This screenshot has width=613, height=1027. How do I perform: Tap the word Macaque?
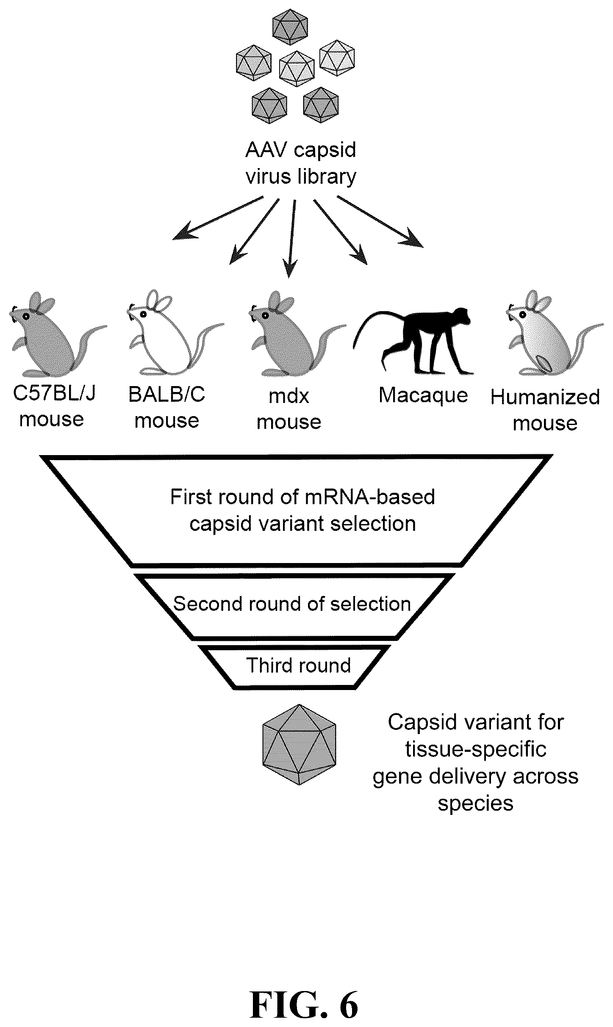(x=423, y=395)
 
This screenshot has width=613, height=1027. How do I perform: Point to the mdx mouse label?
(x=289, y=409)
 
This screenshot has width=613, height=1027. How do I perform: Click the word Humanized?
(x=545, y=397)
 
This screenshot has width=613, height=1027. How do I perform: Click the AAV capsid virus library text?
(x=301, y=163)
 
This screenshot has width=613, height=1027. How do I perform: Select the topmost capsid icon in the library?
(x=290, y=27)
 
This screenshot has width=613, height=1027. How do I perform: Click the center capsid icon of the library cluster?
(x=297, y=68)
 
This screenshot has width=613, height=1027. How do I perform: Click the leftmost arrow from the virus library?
(x=218, y=218)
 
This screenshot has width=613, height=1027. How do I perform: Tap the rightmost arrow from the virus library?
(x=380, y=221)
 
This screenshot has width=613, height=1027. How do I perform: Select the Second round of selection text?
(x=292, y=604)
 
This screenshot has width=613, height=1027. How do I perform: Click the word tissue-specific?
(x=476, y=750)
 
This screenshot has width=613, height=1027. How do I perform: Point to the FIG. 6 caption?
(x=304, y=993)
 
